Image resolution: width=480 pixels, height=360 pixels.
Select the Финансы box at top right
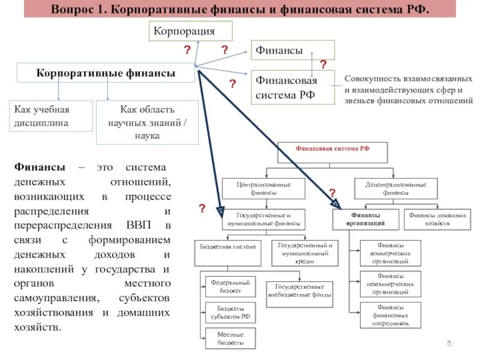(x=292, y=51)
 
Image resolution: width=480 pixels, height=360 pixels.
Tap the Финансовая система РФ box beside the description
(x=292, y=87)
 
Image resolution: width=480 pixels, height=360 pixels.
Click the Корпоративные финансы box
(x=106, y=73)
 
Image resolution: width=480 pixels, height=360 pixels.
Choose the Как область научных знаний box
(x=147, y=123)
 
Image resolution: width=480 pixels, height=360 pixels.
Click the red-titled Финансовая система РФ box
(x=332, y=152)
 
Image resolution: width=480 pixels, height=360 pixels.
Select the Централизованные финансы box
(x=263, y=188)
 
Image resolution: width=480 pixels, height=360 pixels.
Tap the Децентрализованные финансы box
(x=395, y=188)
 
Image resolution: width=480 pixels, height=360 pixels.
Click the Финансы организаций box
(x=367, y=219)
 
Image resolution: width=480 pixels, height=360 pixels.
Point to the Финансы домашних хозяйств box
(x=437, y=219)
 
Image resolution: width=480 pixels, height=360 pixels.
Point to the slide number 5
(x=449, y=343)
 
